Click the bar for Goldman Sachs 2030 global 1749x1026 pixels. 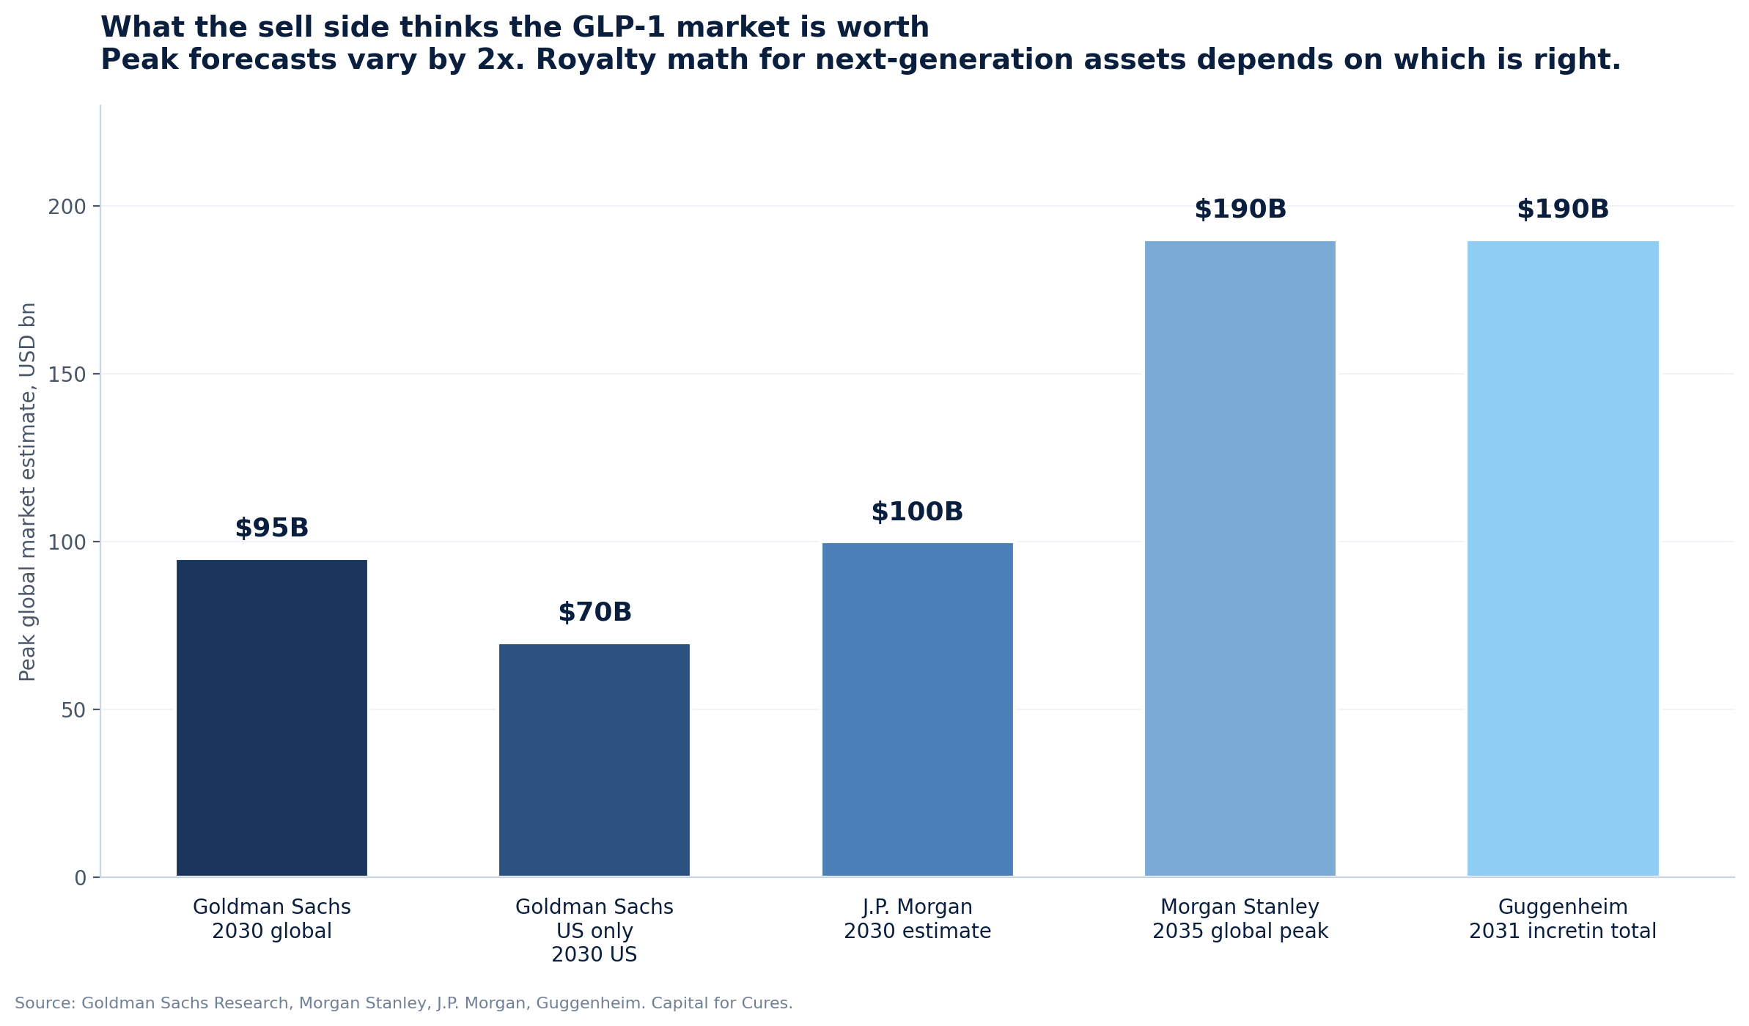tap(272, 718)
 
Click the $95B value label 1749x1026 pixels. tap(272, 528)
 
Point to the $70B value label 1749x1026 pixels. tap(594, 613)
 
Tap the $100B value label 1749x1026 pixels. tap(917, 512)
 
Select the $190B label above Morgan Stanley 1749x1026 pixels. tap(1240, 210)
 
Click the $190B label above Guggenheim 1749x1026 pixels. tap(1563, 210)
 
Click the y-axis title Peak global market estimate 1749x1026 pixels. tap(28, 491)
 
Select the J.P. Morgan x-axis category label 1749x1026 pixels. tap(917, 919)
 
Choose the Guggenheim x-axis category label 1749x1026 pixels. tap(1563, 919)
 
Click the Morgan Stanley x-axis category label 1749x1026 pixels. tap(1240, 919)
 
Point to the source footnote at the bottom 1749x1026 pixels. tap(404, 1003)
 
